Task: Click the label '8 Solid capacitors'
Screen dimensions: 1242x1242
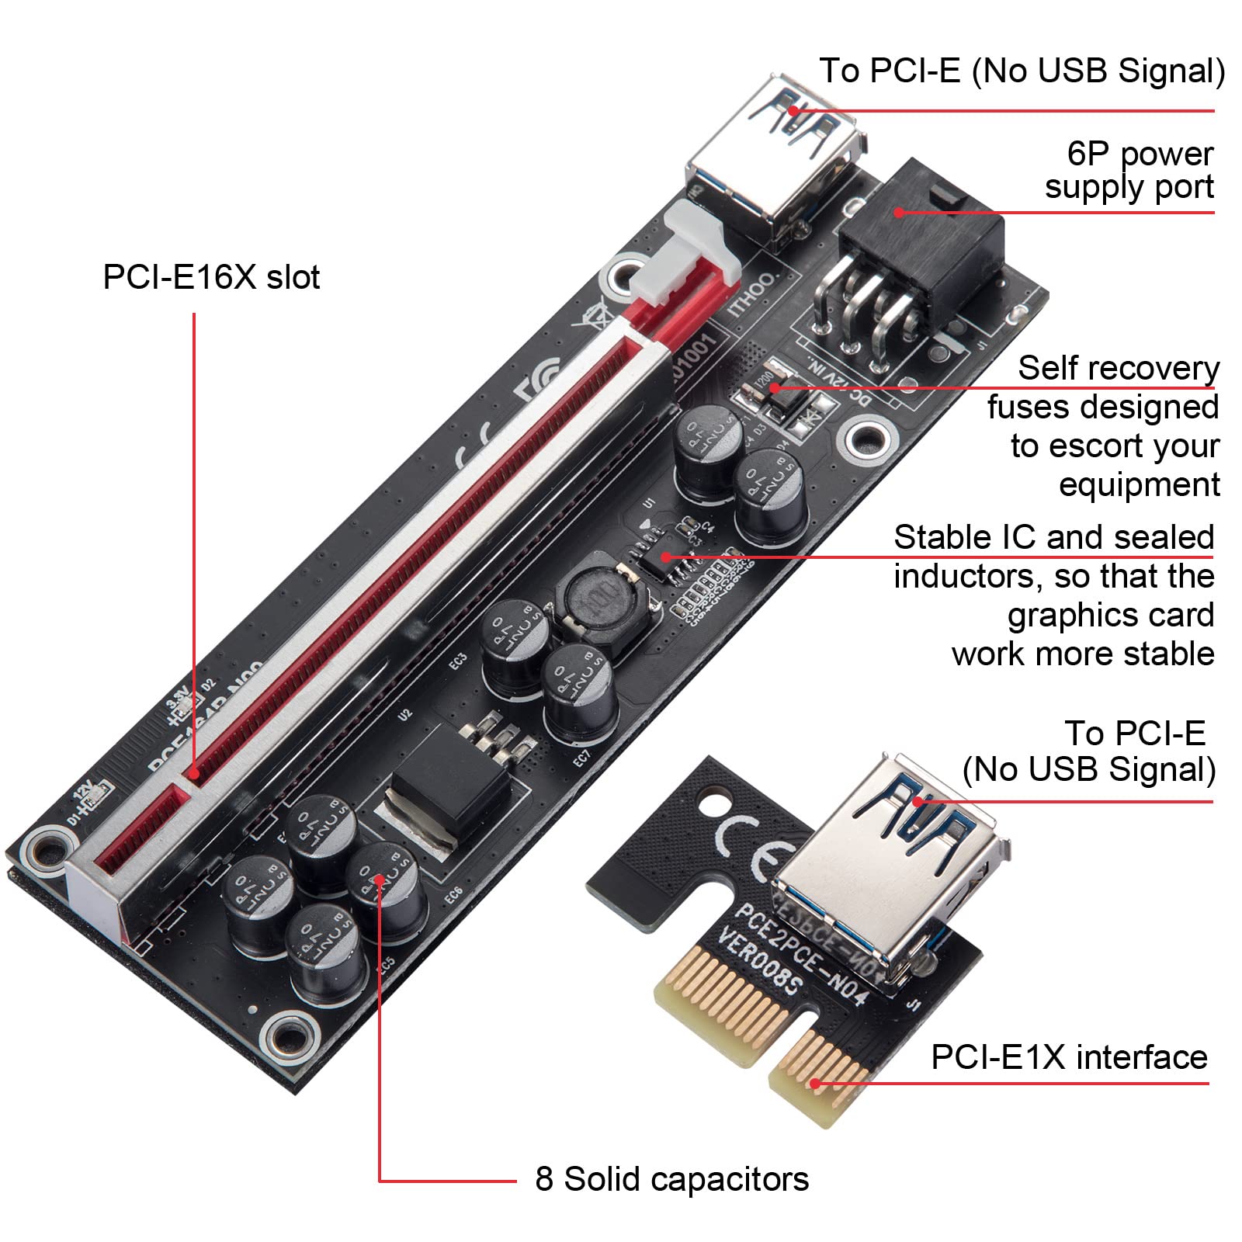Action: [671, 1179]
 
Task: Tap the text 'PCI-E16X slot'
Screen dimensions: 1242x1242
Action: [211, 278]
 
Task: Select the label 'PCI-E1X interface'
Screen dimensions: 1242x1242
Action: [1069, 1057]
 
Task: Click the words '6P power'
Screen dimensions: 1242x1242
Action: [1140, 154]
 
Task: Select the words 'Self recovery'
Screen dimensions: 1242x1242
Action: [1118, 368]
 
